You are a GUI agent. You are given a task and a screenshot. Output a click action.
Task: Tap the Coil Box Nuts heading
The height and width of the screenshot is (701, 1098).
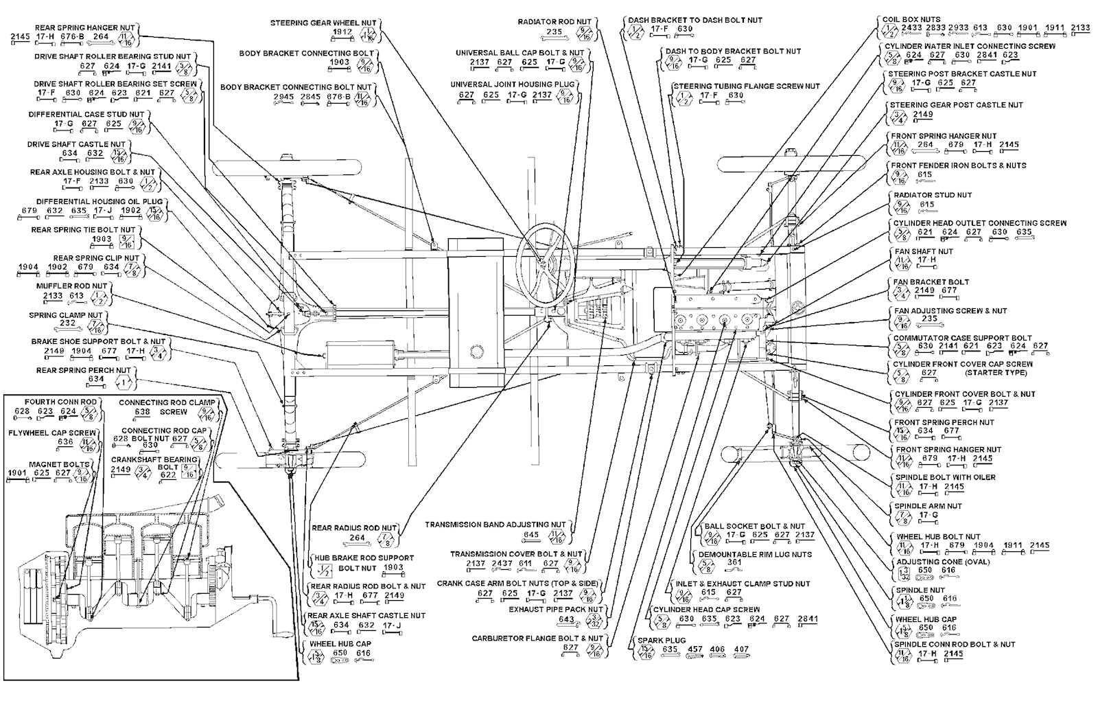[911, 19]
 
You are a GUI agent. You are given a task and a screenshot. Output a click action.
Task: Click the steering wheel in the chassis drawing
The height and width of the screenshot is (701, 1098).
[546, 261]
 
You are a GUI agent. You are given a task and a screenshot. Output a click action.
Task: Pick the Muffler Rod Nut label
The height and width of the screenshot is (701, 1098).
[72, 286]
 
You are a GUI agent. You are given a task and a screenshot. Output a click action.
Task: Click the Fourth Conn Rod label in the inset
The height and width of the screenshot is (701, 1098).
[51, 402]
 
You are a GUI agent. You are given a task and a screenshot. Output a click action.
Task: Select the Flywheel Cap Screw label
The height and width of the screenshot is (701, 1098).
[53, 433]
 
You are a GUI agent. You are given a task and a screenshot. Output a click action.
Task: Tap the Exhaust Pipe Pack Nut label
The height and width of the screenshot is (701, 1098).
[555, 609]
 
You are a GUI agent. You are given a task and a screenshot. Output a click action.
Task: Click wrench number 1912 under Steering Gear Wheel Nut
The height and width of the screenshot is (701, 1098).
[342, 32]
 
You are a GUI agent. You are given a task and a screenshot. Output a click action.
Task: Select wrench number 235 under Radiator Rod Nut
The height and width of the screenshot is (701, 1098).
[554, 32]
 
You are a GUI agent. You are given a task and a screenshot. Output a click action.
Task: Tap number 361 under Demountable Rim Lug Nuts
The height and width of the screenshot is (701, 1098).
[735, 562]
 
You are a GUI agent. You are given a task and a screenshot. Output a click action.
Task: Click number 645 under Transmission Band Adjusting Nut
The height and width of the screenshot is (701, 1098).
[532, 534]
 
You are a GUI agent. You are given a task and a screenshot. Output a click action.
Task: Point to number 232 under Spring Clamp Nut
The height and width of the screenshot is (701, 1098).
[67, 323]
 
